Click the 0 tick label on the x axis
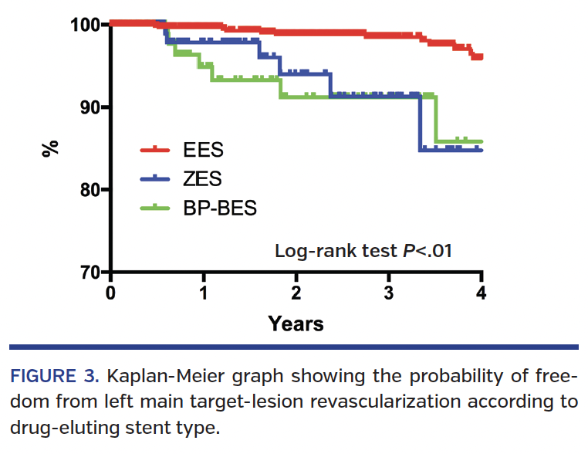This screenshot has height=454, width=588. (x=111, y=294)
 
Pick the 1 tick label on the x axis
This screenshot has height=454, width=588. (x=204, y=294)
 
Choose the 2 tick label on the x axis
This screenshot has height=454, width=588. (x=296, y=294)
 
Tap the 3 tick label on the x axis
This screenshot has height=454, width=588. (x=389, y=294)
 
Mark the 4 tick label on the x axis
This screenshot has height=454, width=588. (x=482, y=294)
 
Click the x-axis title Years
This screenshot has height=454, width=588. (x=296, y=324)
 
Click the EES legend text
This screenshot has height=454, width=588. (x=203, y=149)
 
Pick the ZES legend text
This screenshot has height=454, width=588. (x=202, y=178)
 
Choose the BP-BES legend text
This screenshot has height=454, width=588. (x=220, y=208)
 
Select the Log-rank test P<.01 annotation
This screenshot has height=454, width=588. (x=363, y=250)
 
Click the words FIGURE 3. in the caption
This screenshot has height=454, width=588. (x=54, y=378)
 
